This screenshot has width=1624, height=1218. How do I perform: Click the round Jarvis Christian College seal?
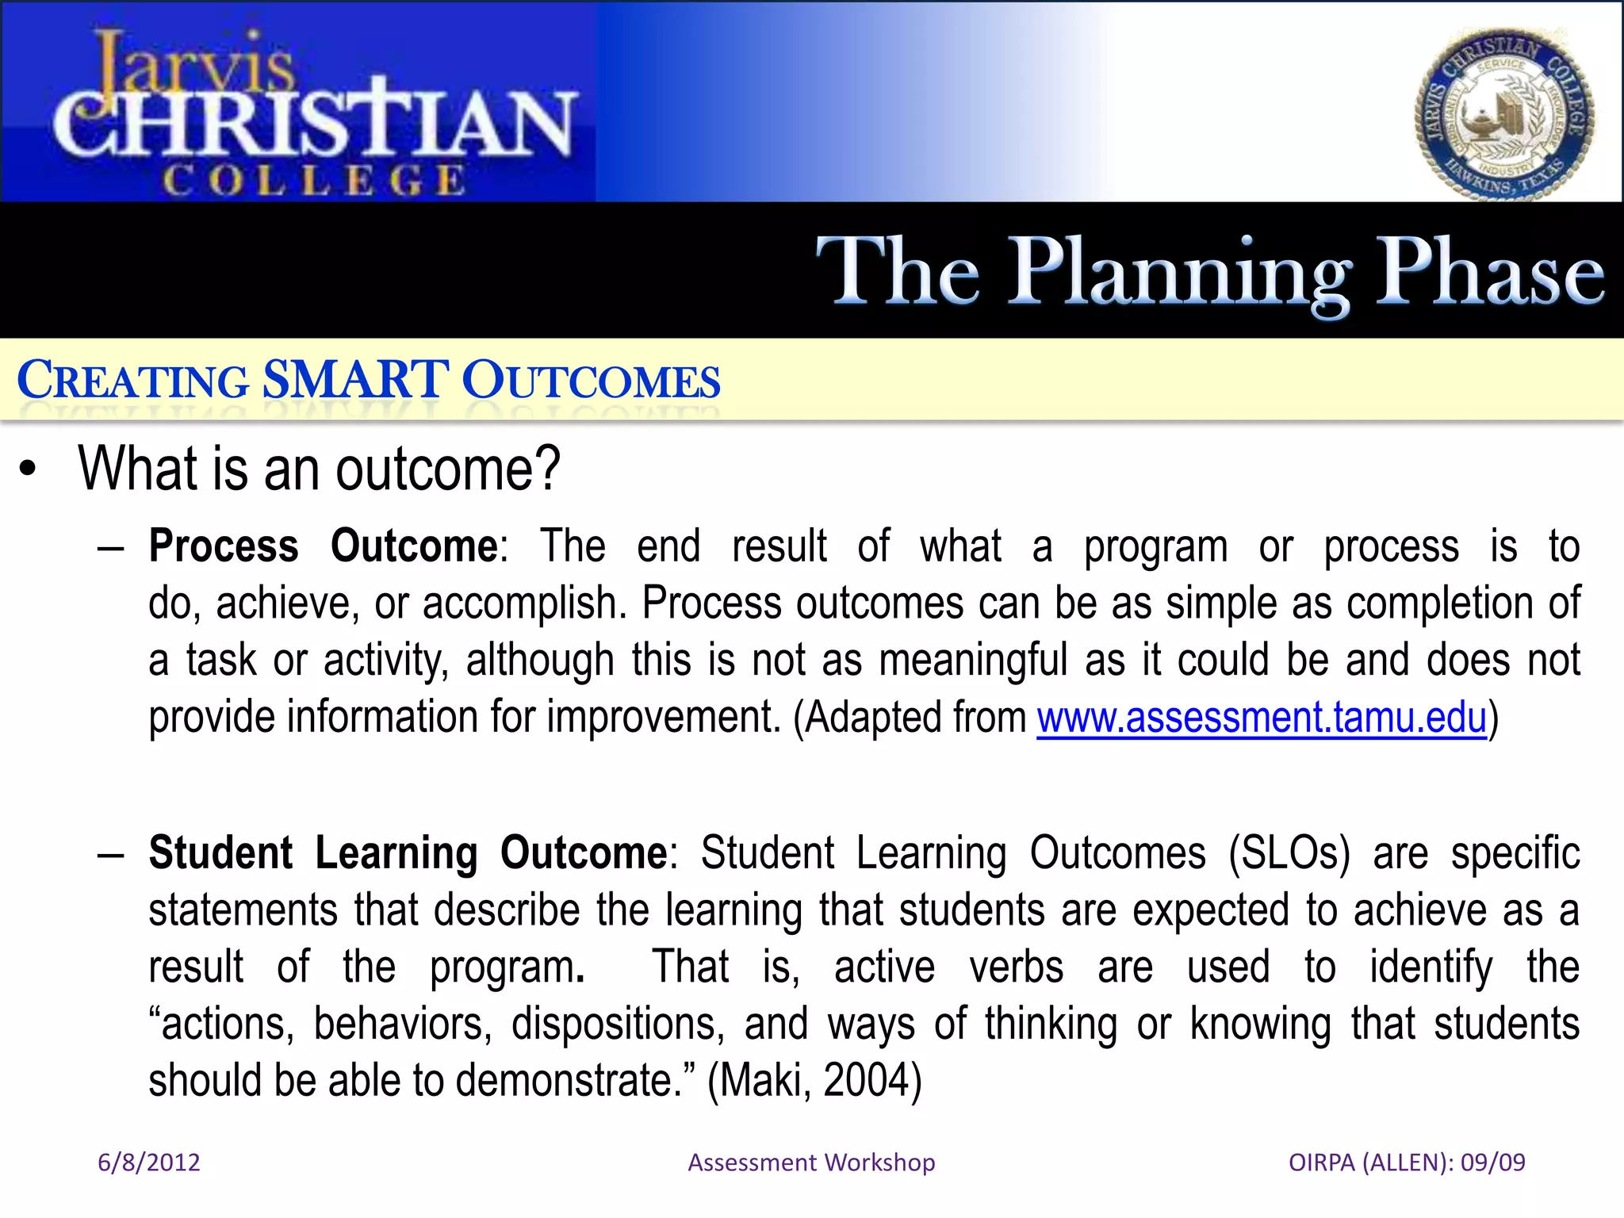click(1505, 115)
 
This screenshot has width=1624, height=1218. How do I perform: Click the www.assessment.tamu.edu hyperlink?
click(1261, 718)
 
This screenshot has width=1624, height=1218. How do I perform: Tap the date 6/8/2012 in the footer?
click(148, 1162)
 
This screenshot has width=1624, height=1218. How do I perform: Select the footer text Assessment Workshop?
click(811, 1162)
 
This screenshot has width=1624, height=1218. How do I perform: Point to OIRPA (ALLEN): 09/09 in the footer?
click(1407, 1162)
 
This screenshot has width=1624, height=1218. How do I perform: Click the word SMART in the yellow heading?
click(355, 380)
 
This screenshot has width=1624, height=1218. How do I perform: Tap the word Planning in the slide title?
click(1180, 274)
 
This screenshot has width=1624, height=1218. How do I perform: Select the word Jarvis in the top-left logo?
click(194, 63)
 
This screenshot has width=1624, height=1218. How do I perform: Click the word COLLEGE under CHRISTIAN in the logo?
click(313, 181)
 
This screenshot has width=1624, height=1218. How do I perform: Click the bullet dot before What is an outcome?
click(29, 469)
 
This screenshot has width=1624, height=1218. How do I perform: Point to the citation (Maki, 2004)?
click(814, 1081)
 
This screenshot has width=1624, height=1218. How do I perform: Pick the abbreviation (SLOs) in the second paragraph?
click(1289, 853)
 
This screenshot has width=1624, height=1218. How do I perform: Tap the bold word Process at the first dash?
click(224, 546)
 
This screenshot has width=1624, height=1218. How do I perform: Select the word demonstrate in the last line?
click(565, 1081)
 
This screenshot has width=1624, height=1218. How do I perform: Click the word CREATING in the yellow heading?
click(132, 381)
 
